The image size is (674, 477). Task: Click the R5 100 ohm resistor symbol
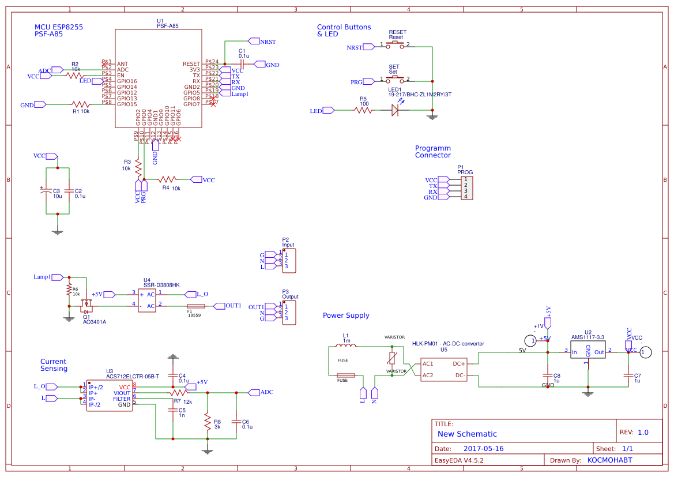pyautogui.click(x=363, y=110)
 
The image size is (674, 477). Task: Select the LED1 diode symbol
pyautogui.click(x=396, y=110)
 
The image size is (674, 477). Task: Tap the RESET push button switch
pyautogui.click(x=395, y=44)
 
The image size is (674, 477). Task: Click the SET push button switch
pyautogui.click(x=395, y=79)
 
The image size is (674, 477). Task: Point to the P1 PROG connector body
pyautogui.click(x=466, y=188)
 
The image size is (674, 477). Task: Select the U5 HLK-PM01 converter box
pyautogui.click(x=443, y=369)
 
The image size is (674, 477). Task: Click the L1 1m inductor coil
pyautogui.click(x=348, y=346)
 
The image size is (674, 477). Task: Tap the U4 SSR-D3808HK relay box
pyautogui.click(x=147, y=300)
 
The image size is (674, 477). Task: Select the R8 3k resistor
pyautogui.click(x=207, y=421)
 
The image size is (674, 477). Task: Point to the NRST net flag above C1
pyautogui.click(x=254, y=41)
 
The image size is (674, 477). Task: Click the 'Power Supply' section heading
pyautogui.click(x=346, y=316)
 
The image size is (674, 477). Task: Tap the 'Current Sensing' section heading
pyautogui.click(x=54, y=365)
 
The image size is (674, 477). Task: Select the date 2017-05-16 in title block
pyautogui.click(x=483, y=449)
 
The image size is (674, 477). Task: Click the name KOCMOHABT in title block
pyautogui.click(x=609, y=461)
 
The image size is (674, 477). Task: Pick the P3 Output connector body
pyautogui.click(x=289, y=312)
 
